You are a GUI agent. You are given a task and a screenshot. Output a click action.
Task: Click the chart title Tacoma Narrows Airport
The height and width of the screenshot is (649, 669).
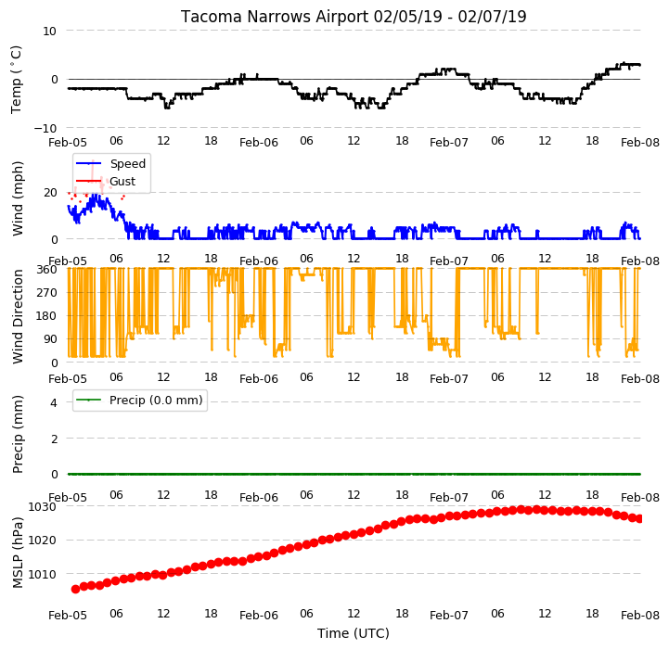tap(274, 17)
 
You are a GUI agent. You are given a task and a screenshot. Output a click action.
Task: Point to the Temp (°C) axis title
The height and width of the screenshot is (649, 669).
tap(16, 80)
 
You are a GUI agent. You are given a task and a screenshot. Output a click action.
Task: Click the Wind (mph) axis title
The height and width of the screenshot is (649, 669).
tap(18, 198)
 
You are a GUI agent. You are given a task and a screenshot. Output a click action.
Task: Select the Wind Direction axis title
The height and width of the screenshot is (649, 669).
tap(18, 316)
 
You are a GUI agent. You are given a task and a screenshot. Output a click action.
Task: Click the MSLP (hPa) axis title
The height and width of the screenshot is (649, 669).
tap(18, 553)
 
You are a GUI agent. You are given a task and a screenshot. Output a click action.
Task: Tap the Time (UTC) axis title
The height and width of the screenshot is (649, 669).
tap(354, 633)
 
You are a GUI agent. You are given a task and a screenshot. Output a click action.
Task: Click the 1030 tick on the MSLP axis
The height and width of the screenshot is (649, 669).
tap(43, 506)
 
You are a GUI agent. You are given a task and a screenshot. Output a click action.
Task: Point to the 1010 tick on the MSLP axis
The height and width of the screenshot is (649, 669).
tap(43, 575)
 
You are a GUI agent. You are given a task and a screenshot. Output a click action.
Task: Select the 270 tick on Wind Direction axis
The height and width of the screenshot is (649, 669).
tap(47, 293)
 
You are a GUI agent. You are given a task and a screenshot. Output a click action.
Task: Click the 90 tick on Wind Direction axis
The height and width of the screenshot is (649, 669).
tap(50, 339)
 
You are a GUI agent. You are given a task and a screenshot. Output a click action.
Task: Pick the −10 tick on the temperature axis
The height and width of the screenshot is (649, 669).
tap(45, 128)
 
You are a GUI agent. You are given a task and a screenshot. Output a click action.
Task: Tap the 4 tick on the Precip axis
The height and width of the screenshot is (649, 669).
tap(53, 402)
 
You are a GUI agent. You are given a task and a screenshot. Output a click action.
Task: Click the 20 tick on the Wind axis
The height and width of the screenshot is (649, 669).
tap(50, 193)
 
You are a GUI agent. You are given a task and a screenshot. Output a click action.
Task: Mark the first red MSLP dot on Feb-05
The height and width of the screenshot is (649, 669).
tap(75, 589)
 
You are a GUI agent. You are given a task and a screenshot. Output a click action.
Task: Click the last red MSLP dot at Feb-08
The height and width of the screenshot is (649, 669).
tap(639, 518)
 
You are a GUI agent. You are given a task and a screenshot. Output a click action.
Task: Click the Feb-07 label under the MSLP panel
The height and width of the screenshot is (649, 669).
tap(449, 616)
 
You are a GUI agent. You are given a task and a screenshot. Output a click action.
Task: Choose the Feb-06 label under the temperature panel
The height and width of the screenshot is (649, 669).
tap(259, 143)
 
